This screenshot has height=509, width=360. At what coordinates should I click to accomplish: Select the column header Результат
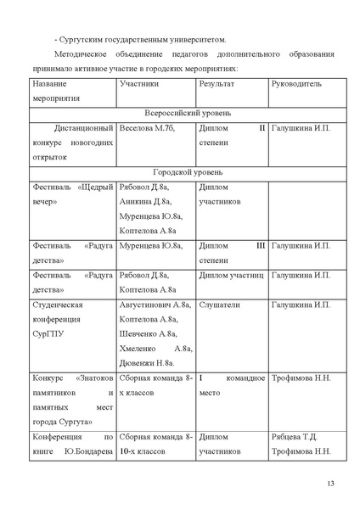(x=217, y=86)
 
